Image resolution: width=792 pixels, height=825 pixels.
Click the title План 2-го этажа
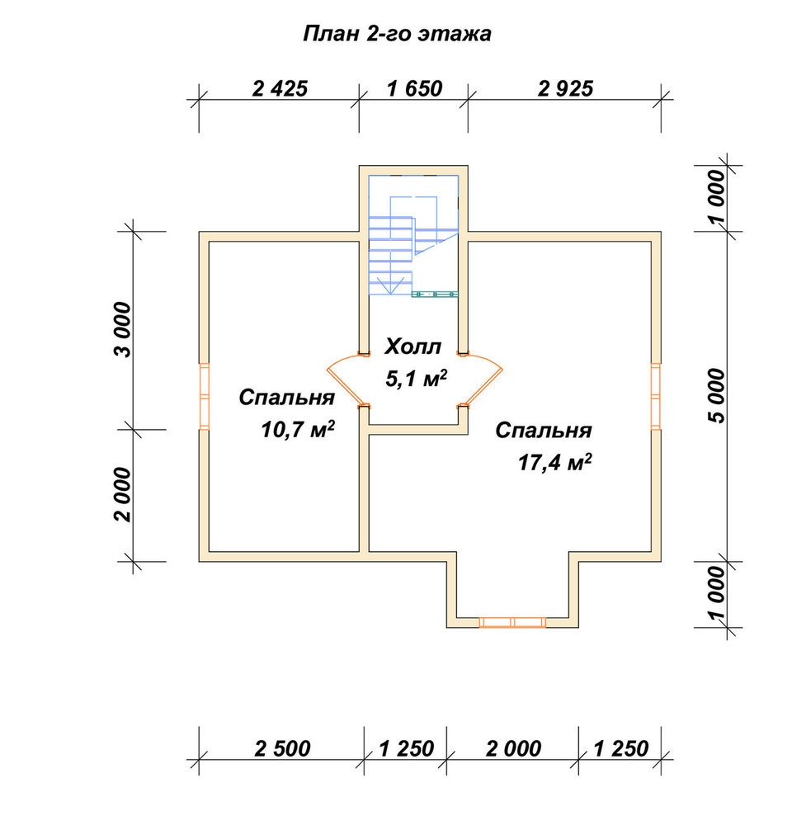point(397,34)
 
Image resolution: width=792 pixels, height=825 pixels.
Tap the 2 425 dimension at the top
point(280,88)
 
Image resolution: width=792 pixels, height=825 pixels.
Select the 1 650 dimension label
point(415,88)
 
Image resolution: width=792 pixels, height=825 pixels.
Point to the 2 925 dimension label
point(565,88)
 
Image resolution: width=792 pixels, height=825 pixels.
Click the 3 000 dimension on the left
point(124,330)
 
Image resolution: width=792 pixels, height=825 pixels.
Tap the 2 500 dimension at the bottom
point(283,748)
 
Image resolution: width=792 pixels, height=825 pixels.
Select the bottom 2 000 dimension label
point(513,748)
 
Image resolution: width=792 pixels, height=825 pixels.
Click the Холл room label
point(412,347)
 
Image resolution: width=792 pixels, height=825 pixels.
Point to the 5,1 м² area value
point(417,379)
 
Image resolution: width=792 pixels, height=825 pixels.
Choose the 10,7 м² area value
point(298,430)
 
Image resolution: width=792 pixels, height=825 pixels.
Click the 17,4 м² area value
point(554,463)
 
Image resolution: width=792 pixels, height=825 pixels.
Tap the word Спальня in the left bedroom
point(287,398)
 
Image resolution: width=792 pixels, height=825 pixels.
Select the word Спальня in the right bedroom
point(544,431)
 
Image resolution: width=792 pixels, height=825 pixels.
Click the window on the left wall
point(204,396)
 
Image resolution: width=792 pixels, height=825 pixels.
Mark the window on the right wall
point(656,396)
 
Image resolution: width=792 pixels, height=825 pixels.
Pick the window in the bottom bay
point(512,622)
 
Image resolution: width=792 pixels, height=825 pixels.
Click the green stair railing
point(435,295)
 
